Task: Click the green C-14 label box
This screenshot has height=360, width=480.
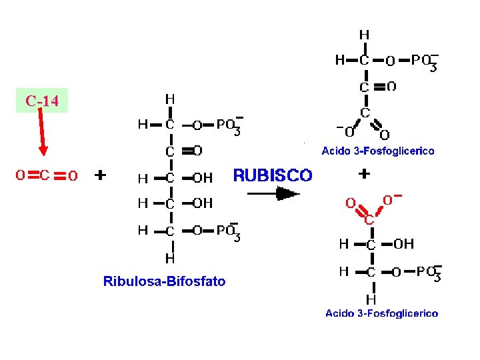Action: [x=42, y=101]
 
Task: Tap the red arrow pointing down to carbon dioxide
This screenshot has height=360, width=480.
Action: [x=42, y=131]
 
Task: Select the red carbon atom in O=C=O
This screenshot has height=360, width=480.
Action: [x=45, y=175]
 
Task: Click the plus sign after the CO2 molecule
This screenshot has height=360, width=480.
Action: [x=100, y=175]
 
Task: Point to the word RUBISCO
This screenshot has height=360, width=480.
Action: [x=273, y=175]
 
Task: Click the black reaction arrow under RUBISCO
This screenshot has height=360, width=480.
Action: [x=273, y=194]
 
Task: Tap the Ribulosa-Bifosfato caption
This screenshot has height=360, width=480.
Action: [x=165, y=281]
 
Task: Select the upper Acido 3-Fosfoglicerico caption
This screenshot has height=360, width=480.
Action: [x=378, y=151]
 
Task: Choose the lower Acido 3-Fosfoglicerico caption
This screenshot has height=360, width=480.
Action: [x=382, y=313]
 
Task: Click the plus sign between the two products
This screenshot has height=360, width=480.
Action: [x=364, y=174]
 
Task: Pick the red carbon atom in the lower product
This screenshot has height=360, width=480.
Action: [x=369, y=219]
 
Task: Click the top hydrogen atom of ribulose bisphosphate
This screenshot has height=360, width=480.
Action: [x=170, y=99]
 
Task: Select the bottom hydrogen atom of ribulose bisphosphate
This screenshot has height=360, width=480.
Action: [x=170, y=259]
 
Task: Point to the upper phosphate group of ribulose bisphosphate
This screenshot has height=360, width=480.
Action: [x=229, y=125]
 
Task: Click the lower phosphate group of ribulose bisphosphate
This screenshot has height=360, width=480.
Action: [x=228, y=232]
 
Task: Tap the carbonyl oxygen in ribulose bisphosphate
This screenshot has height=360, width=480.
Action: [x=197, y=151]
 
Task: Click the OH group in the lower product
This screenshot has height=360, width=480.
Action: [x=404, y=244]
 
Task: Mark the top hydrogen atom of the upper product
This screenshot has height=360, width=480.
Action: [x=364, y=35]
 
